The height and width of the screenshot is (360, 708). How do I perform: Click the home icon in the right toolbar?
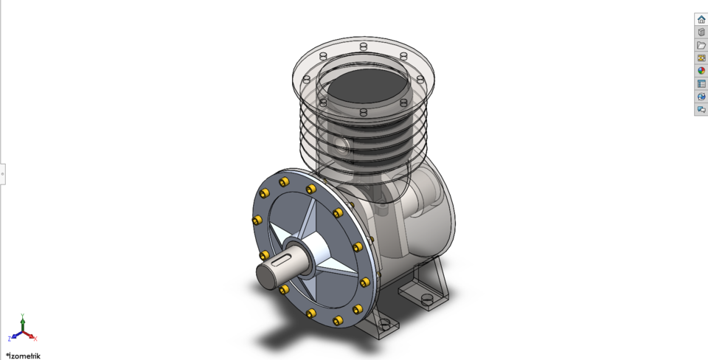701,19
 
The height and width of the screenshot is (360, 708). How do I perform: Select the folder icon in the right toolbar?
701,45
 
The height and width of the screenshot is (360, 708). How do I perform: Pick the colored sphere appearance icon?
701,71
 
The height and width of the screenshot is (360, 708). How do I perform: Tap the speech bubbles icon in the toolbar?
701,110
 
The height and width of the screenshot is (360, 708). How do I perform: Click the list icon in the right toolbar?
701,84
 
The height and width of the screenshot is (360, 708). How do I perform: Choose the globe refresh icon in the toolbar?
701,97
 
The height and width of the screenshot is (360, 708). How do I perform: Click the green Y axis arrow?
22,319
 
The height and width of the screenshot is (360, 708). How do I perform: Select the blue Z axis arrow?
13,337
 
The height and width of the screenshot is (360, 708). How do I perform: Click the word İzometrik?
24,356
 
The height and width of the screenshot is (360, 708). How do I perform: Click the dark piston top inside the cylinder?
367,88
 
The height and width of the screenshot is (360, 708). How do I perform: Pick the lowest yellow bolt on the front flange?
338,320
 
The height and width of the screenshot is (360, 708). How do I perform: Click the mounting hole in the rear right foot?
427,299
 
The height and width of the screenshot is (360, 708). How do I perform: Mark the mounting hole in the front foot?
384,323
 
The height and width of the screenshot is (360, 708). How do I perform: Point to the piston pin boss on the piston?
340,142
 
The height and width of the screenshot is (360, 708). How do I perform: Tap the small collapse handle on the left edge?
2,174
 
